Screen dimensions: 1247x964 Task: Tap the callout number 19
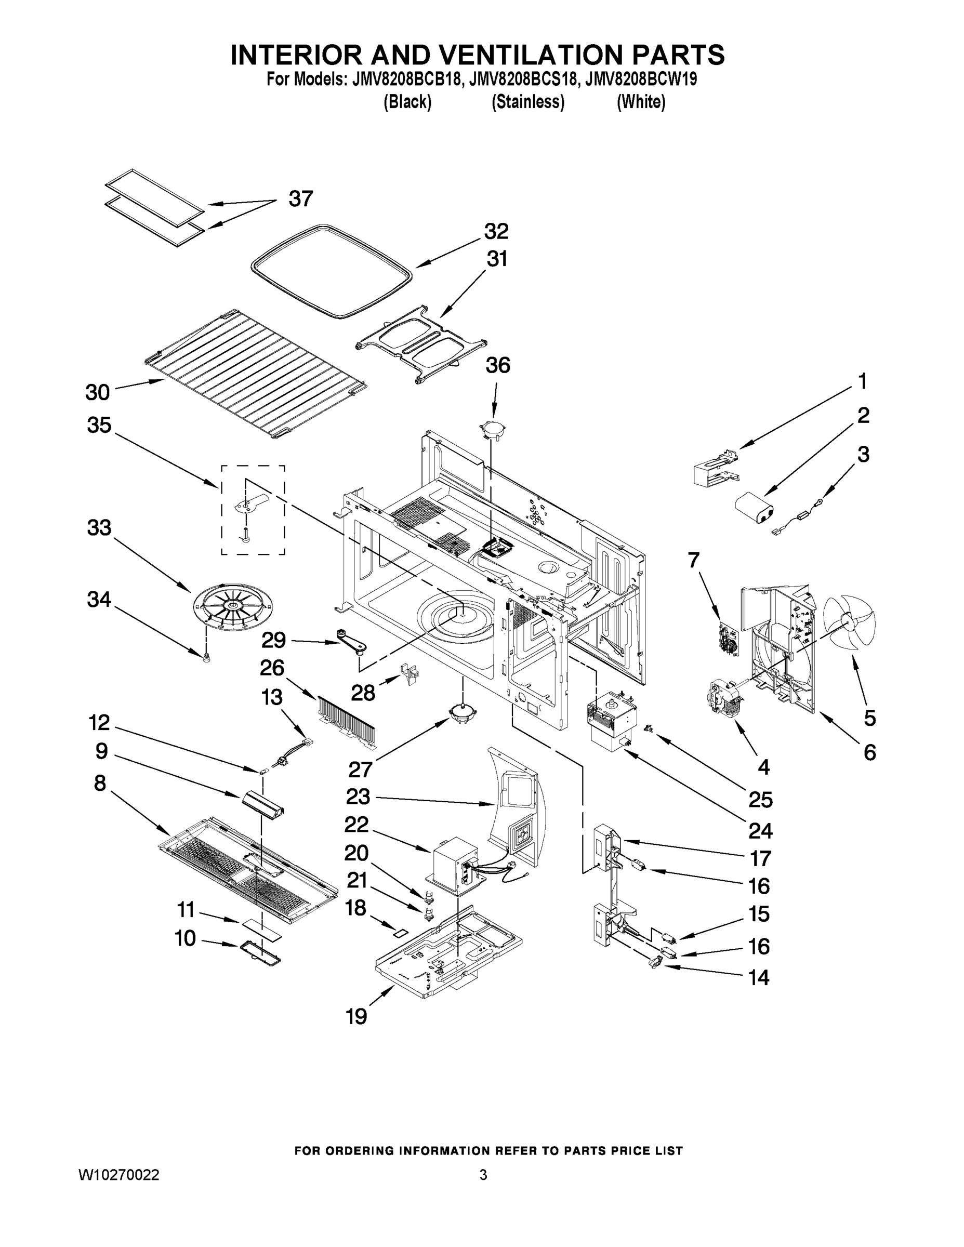356,1016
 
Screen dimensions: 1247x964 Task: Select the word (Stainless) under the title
527,102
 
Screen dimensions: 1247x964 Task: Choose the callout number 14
758,977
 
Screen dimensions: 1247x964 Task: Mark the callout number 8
100,783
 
